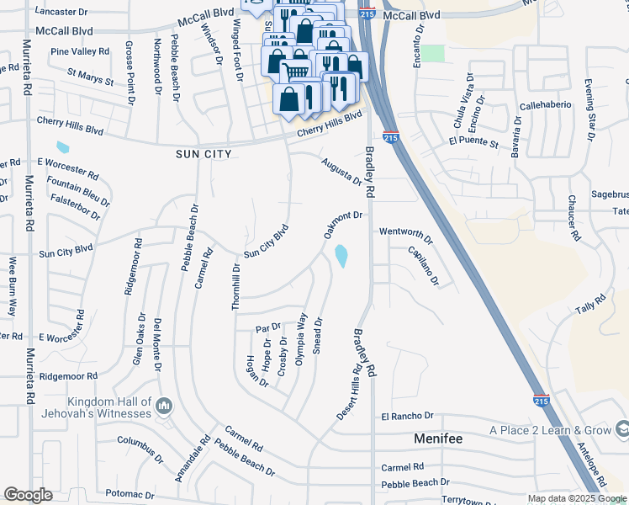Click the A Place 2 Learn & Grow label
point(551,430)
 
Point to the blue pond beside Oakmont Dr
point(341,255)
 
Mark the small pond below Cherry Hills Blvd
point(61,149)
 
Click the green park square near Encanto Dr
point(432,53)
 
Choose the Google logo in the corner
point(28,495)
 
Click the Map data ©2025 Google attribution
point(577,498)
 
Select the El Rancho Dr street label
point(406,416)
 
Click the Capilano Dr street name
point(423,265)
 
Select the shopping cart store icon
point(294,72)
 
